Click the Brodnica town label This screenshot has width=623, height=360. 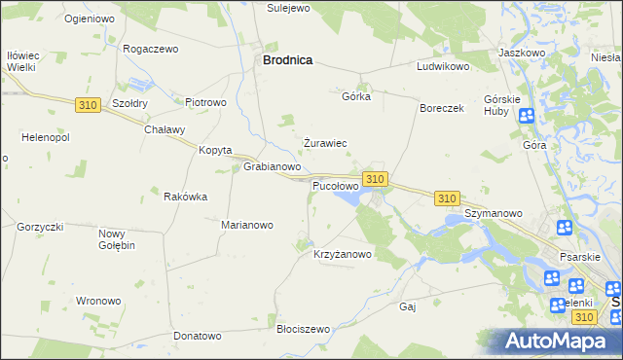[x=287, y=60]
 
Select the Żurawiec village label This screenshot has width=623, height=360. [x=325, y=143]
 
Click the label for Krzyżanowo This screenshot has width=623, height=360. [x=343, y=255]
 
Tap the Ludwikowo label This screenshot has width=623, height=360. [x=443, y=68]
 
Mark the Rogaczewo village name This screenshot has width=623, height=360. [x=151, y=49]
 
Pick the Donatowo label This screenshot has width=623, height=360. [x=198, y=336]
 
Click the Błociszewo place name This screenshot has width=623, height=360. [x=304, y=330]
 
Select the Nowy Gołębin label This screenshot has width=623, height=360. [x=117, y=239]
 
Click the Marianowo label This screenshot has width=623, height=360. [x=247, y=225]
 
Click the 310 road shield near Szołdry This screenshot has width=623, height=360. [x=87, y=103]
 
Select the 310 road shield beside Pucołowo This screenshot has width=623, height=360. [x=377, y=179]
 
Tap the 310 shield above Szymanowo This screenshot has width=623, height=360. [x=447, y=198]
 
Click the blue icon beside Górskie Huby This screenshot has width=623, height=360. [x=527, y=117]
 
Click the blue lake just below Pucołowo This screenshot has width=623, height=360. [x=348, y=199]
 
